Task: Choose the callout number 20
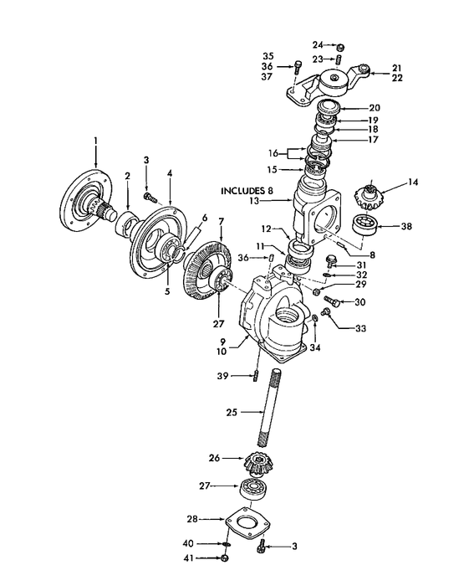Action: (374, 107)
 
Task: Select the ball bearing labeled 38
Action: (364, 224)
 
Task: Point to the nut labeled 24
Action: (341, 46)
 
